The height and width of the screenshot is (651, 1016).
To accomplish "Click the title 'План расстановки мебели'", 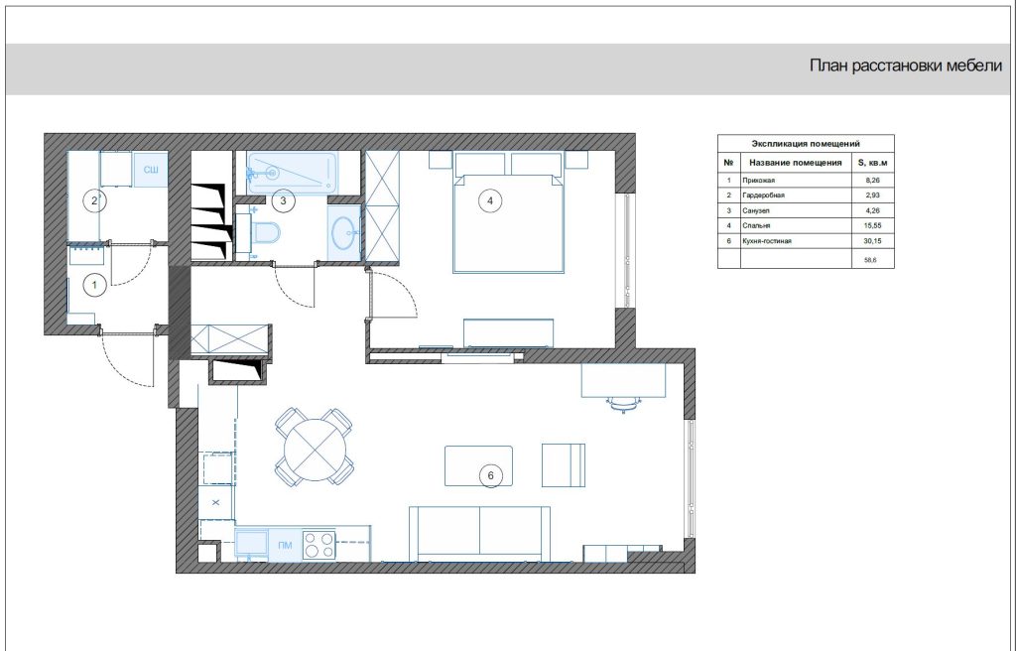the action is coord(906,65).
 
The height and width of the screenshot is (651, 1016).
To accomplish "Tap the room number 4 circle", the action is coord(490,201).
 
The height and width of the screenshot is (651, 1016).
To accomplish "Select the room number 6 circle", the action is coord(490,476).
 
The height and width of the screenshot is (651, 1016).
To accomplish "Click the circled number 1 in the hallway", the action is coord(95,285).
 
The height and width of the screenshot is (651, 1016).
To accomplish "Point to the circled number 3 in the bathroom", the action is coord(283,201).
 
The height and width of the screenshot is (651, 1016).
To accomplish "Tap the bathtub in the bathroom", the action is coord(292,173).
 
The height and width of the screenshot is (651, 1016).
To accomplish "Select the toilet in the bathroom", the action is coord(267,231).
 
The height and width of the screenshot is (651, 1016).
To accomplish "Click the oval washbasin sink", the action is coord(344,231).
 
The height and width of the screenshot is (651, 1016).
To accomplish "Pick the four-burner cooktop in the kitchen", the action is coord(318,545).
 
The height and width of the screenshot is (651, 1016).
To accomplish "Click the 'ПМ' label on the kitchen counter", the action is coord(285,546).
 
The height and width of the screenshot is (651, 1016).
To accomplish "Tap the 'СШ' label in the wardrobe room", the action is coord(151,170).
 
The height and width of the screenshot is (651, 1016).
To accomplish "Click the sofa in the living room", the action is coord(479,533).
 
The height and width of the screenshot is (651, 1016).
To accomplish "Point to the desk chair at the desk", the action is coord(623,405).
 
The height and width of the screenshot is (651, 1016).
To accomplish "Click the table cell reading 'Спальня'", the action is coord(756,225).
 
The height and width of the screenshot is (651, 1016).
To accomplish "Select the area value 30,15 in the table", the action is coord(873,241).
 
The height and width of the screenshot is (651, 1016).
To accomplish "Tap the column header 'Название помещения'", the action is coord(795,163).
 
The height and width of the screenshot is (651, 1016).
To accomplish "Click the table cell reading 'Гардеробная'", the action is coord(763,195).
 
